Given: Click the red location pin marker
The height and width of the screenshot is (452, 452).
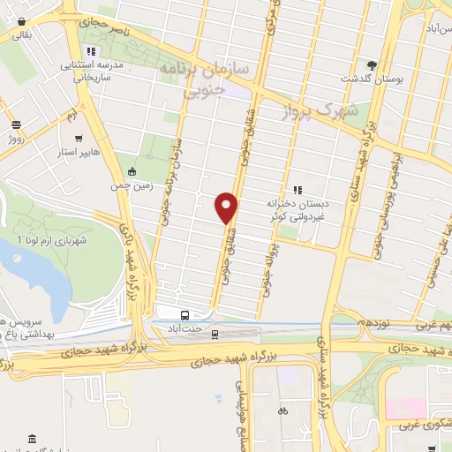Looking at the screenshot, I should pos(228,207).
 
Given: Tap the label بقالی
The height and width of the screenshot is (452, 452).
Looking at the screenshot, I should pos(20,34).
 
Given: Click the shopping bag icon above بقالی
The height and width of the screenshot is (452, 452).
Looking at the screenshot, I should pos(20,20).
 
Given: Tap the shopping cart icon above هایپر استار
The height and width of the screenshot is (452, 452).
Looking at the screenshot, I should pos(80,139).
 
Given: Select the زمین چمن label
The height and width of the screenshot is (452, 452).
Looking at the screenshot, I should pos(133,187).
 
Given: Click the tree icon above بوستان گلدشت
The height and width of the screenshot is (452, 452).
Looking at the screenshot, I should pos(372,64).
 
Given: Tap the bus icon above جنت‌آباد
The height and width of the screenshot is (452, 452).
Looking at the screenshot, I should pos(185,315).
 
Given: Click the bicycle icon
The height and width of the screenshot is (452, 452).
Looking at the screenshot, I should pos(282,411).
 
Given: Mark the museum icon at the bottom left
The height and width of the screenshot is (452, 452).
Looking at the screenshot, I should pos(33,439).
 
